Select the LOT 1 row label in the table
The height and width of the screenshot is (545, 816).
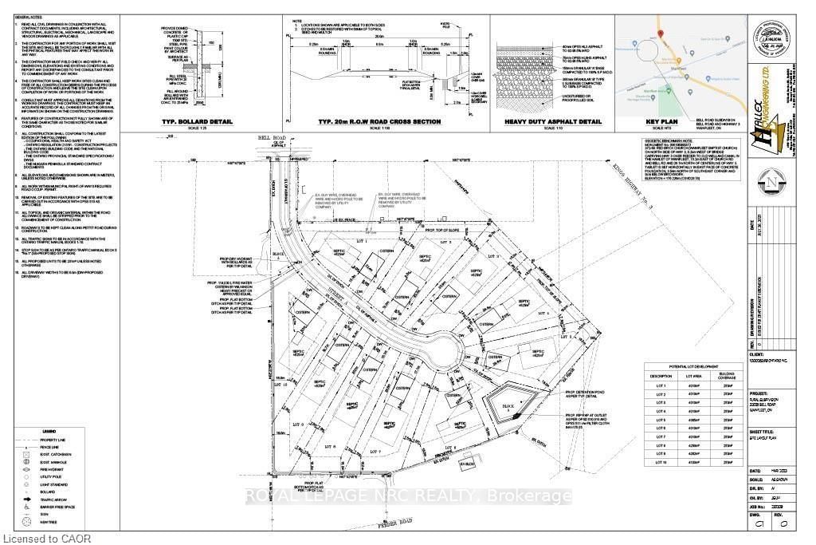(660, 385)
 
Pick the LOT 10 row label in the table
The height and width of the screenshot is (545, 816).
(660, 461)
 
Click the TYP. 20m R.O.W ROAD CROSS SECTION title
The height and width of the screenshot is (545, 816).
(377, 121)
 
